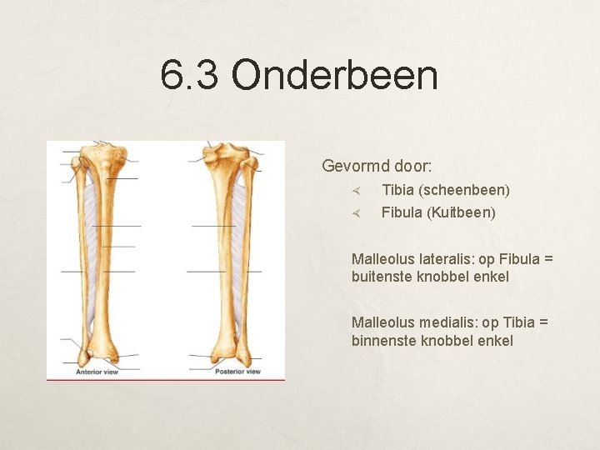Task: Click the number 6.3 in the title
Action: coord(191,75)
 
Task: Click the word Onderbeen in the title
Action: coord(334,75)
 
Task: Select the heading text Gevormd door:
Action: coord(377,166)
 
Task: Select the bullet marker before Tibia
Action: coord(354,191)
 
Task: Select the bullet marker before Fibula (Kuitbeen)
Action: coord(354,213)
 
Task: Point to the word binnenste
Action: coord(383,340)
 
